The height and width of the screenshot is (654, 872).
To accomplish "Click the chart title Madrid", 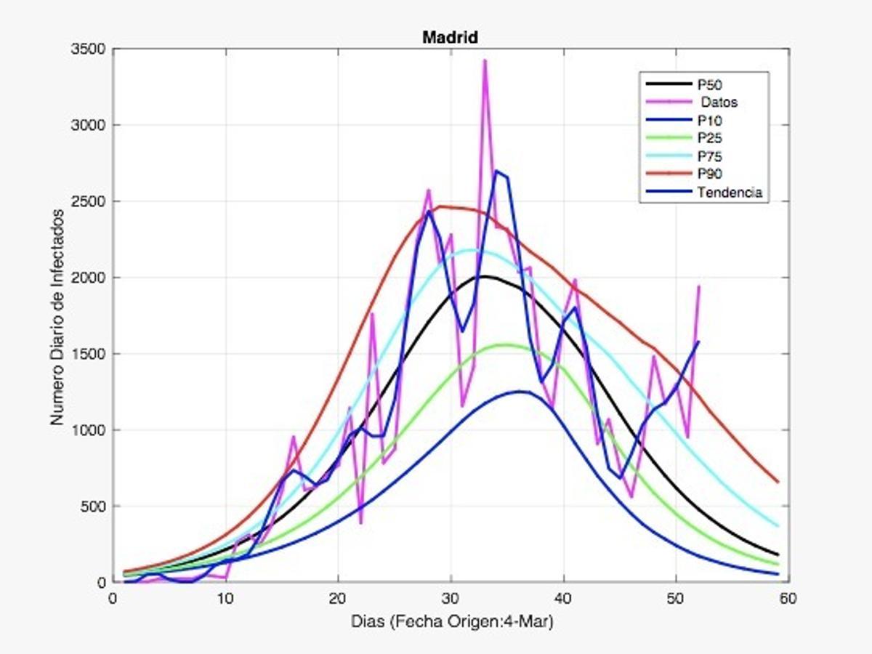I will tap(450, 38).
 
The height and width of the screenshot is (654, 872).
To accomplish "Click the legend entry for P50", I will tap(709, 85).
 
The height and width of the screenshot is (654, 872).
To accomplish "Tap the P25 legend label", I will tap(709, 138).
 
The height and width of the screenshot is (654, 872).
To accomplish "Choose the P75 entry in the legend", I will tap(709, 156).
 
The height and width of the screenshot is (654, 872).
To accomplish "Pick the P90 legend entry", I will tap(709, 174).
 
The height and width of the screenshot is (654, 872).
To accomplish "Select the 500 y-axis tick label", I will tap(93, 506).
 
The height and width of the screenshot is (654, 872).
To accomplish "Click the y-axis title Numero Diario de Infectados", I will tap(57, 318).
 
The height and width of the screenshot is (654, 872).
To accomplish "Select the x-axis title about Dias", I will tap(450, 621).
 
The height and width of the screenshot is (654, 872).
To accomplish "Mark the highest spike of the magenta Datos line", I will tap(485, 60).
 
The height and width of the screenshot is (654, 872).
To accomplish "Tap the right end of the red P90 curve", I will tap(778, 482).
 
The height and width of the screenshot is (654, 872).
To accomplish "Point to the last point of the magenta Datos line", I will tap(698, 286).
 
